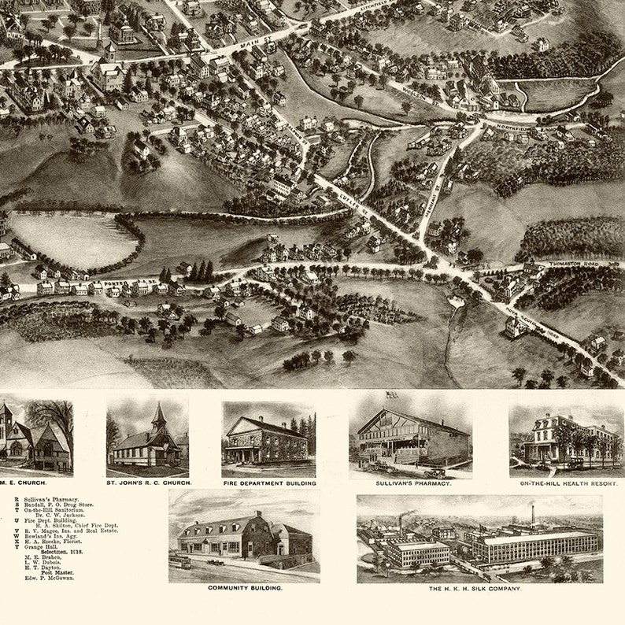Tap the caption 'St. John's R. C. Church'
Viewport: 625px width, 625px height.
[x=148, y=483]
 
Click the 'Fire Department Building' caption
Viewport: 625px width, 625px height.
[x=269, y=483]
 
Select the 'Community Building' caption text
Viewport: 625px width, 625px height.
[x=245, y=587]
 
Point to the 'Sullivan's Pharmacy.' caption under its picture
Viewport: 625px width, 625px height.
[x=411, y=483]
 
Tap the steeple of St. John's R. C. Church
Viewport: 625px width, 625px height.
[x=158, y=413]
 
